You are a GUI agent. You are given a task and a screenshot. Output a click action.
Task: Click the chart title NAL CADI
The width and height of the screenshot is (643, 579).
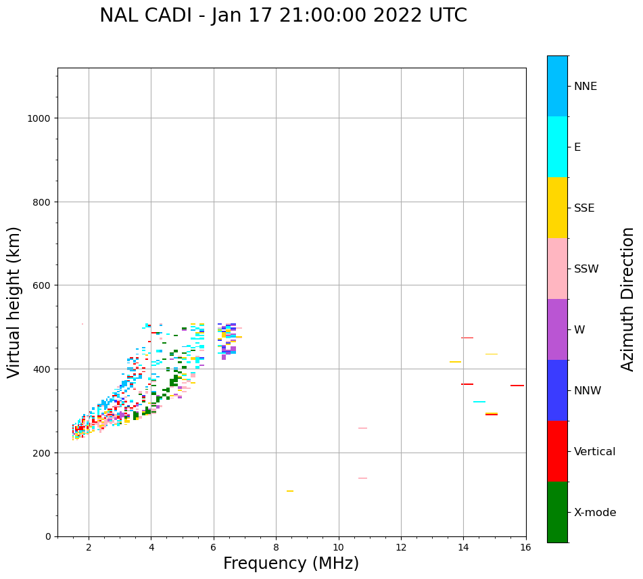283,16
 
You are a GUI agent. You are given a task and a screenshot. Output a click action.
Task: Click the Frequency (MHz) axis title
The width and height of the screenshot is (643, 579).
291,563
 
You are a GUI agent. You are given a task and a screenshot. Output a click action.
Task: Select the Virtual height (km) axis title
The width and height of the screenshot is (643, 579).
14,302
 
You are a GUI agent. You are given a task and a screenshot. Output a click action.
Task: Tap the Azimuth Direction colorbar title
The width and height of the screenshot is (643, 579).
628,299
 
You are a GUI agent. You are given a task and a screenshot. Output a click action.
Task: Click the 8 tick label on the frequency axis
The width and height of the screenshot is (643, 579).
276,548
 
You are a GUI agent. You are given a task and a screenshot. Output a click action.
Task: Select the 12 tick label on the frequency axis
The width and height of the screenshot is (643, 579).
401,548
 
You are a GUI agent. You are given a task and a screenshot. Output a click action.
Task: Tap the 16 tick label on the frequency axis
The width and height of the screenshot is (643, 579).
525,548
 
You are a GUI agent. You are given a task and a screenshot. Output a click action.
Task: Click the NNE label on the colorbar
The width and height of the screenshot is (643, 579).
586,86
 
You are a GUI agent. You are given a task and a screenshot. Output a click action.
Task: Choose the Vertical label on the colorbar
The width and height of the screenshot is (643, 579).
594,451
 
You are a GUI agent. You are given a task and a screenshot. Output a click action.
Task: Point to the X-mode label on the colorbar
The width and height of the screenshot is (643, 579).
595,512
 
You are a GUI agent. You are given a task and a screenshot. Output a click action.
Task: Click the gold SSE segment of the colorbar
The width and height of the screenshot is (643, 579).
557,208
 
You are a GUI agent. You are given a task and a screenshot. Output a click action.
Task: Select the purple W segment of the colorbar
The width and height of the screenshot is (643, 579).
557,329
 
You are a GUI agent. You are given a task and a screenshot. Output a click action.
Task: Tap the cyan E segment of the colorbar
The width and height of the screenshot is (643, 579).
557,147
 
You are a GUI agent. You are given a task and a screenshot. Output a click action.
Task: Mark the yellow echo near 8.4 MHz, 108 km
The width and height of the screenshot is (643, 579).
289,491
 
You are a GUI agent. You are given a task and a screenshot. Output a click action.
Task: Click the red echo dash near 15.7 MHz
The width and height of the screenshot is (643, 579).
517,386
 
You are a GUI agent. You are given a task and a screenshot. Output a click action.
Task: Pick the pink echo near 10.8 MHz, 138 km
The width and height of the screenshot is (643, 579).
362,478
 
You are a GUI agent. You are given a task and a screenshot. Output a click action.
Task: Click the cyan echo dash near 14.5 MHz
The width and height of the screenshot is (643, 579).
479,402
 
